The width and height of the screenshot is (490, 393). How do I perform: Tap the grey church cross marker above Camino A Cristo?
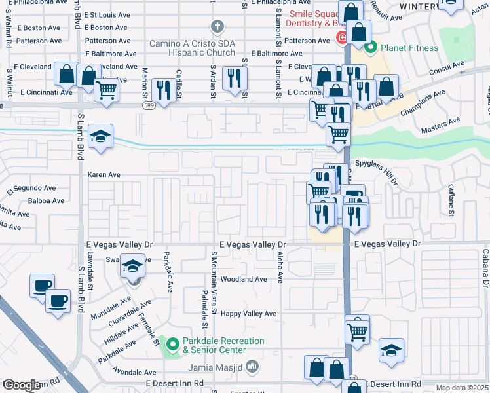point(217,28)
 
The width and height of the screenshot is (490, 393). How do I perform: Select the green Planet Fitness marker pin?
point(371,47)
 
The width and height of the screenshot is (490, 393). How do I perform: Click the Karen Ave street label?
point(105,175)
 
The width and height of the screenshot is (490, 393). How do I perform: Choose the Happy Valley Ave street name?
point(248,314)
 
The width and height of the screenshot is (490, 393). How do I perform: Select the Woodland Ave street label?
point(244,279)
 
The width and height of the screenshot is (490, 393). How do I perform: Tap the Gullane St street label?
point(451,200)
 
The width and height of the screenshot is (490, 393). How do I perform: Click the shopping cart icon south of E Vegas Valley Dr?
point(357,331)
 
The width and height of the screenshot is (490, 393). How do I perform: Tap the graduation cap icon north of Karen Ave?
point(100,137)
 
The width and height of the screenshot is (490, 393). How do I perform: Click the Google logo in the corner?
point(21,386)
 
